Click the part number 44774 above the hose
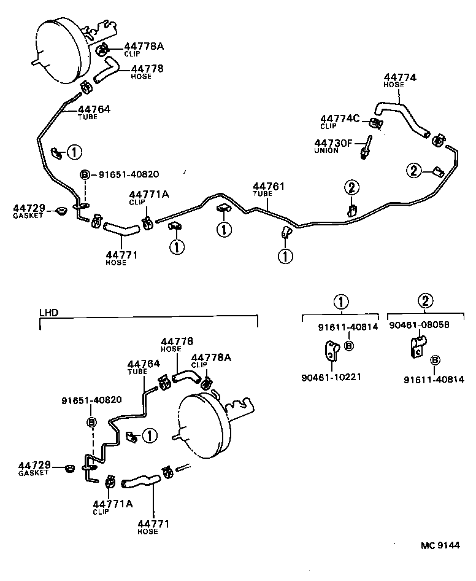click(x=400, y=78)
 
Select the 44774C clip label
click(x=336, y=119)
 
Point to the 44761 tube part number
click(x=269, y=185)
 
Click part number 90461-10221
click(x=331, y=376)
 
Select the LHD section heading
click(x=48, y=312)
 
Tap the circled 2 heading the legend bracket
click(x=426, y=301)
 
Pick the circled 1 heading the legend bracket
click(x=341, y=301)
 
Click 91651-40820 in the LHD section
click(x=91, y=400)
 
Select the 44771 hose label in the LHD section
click(x=153, y=524)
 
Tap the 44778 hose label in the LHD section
click(x=177, y=341)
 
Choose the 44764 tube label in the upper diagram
click(x=94, y=109)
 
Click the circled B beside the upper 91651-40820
click(x=85, y=174)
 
